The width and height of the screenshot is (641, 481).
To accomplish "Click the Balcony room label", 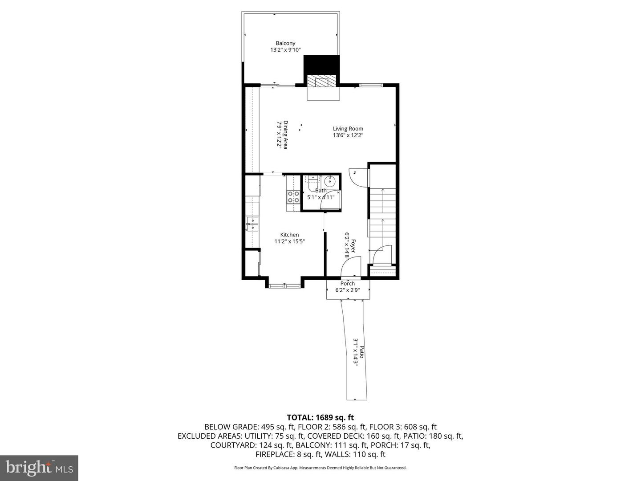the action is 285,43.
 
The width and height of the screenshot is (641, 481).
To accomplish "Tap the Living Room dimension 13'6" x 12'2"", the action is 348,135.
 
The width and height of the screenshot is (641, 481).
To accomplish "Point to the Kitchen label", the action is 289,235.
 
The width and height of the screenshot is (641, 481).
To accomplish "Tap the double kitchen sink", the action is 48,224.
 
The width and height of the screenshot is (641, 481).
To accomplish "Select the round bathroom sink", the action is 330,182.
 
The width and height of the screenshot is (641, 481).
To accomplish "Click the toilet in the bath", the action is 312,182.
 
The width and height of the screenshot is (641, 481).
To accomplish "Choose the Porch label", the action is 347,283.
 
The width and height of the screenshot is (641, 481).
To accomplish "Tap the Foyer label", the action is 353,246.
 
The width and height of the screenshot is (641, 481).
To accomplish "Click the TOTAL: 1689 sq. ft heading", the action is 320,417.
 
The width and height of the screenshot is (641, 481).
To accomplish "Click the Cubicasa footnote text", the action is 320,468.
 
